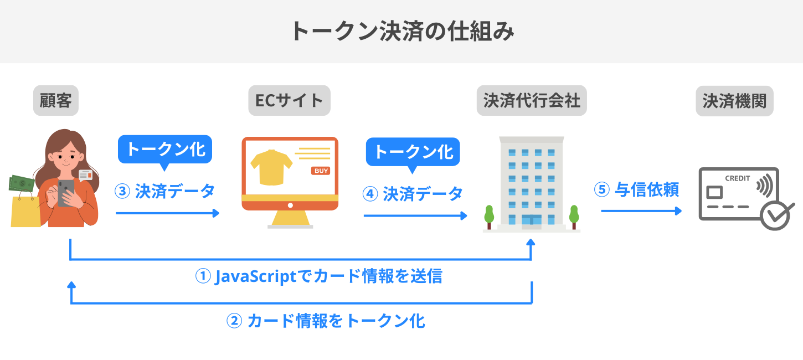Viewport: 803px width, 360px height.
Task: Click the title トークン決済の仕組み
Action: [401, 32]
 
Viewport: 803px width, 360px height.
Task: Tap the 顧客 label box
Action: [56, 100]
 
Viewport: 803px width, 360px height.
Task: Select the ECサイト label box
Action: [289, 100]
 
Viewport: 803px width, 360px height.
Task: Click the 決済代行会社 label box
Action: [532, 100]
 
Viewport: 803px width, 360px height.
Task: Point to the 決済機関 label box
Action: [734, 100]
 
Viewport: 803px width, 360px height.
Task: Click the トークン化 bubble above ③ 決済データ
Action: [166, 150]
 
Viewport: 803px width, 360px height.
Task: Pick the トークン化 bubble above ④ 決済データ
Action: [413, 151]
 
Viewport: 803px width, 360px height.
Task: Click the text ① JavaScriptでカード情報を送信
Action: [319, 275]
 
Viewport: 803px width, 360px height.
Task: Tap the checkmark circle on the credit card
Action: [775, 216]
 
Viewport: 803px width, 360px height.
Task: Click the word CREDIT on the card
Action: [737, 179]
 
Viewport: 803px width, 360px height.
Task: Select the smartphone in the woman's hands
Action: [65, 192]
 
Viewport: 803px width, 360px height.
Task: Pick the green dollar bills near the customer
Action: [21, 183]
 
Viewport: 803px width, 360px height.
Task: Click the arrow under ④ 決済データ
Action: [415, 215]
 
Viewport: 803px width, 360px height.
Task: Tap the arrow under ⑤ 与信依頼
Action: [641, 211]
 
